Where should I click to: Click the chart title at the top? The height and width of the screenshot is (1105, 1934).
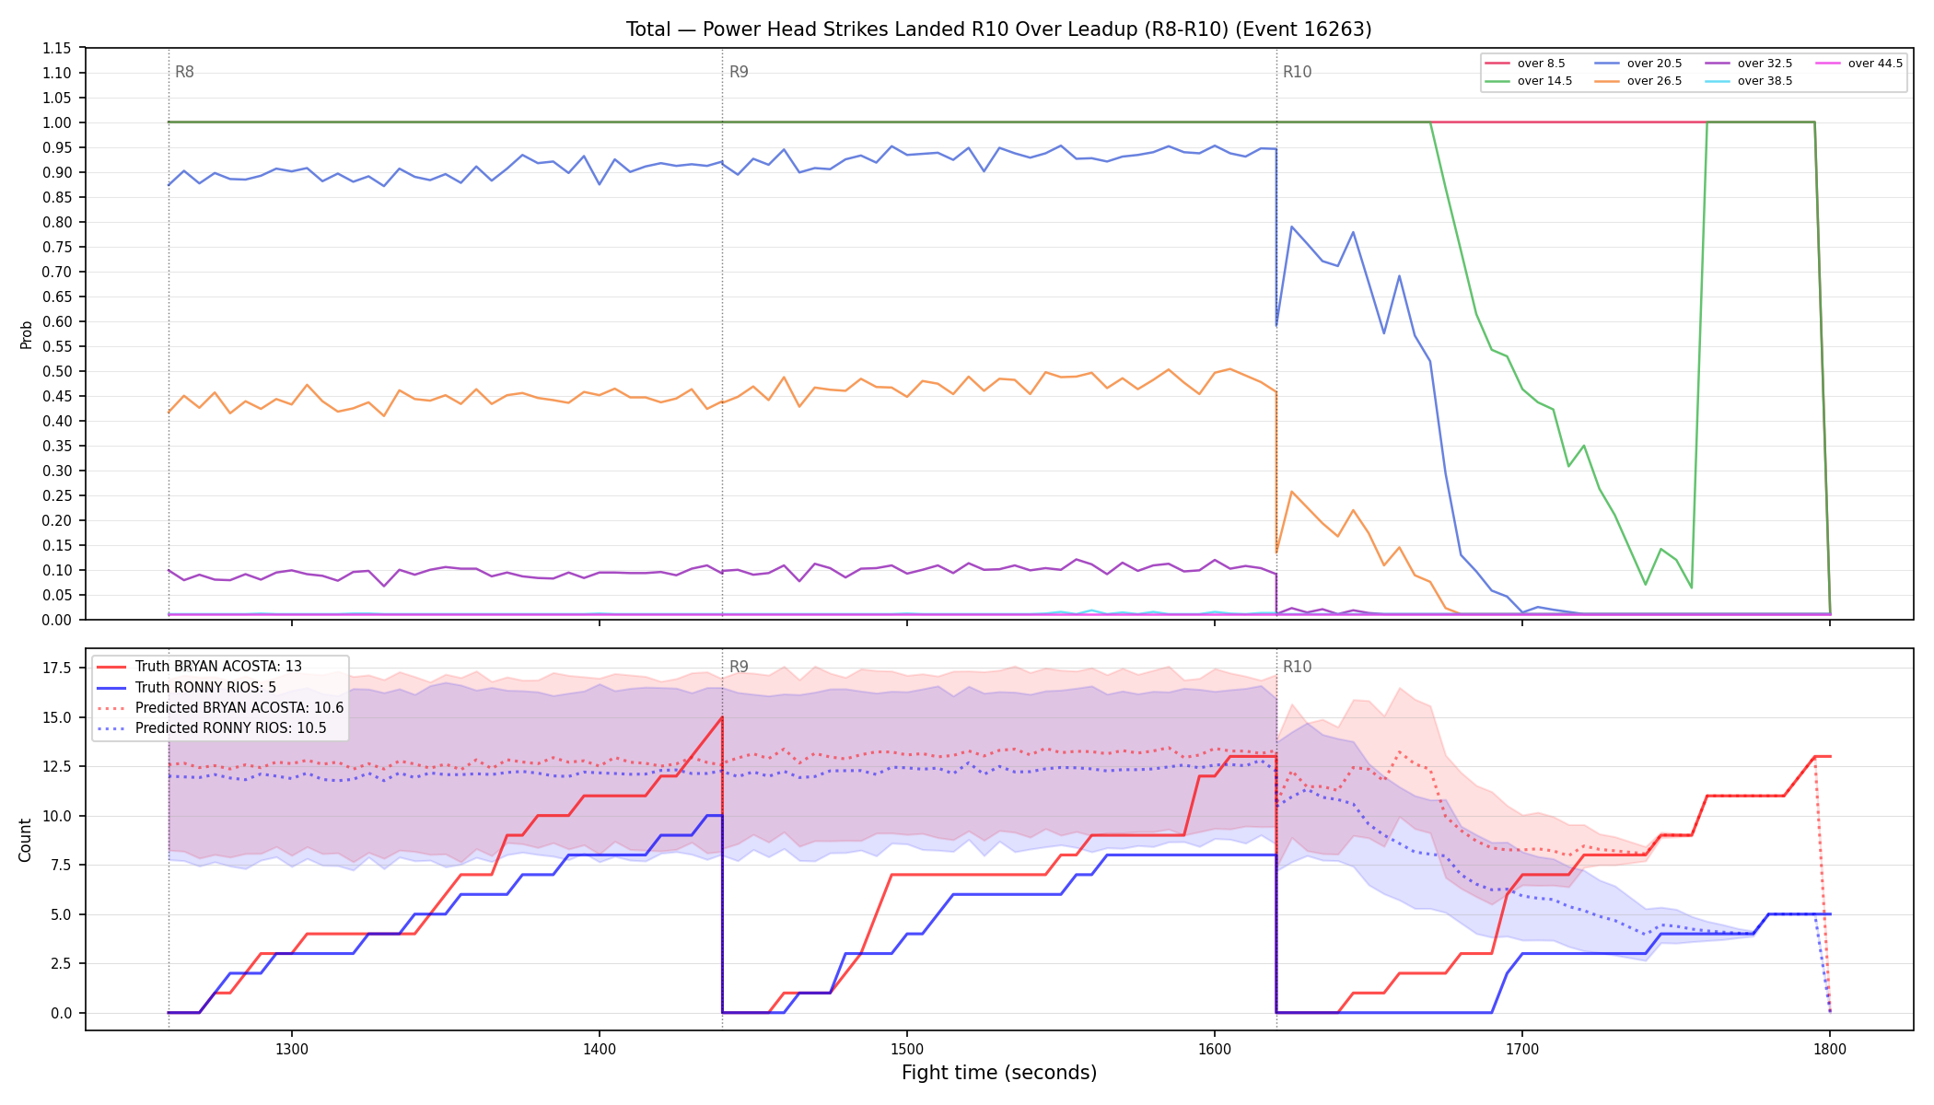coord(998,29)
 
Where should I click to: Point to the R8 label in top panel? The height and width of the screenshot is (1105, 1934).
coord(184,72)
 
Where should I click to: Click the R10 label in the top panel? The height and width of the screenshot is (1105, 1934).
coord(1297,72)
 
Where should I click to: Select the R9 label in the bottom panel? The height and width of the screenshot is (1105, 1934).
coord(739,667)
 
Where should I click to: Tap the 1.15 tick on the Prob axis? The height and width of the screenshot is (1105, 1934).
coord(57,48)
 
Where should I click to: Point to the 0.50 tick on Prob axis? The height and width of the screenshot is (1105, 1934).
coord(57,371)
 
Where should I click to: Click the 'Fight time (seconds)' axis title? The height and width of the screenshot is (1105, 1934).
coord(999,1073)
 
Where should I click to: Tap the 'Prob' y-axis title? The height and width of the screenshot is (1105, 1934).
coord(26,334)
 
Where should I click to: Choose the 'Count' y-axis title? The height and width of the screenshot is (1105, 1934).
coord(25,840)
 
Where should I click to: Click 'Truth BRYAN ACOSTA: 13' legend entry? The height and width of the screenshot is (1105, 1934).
coord(218,667)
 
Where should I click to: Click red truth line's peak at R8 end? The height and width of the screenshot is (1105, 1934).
coord(722,717)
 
